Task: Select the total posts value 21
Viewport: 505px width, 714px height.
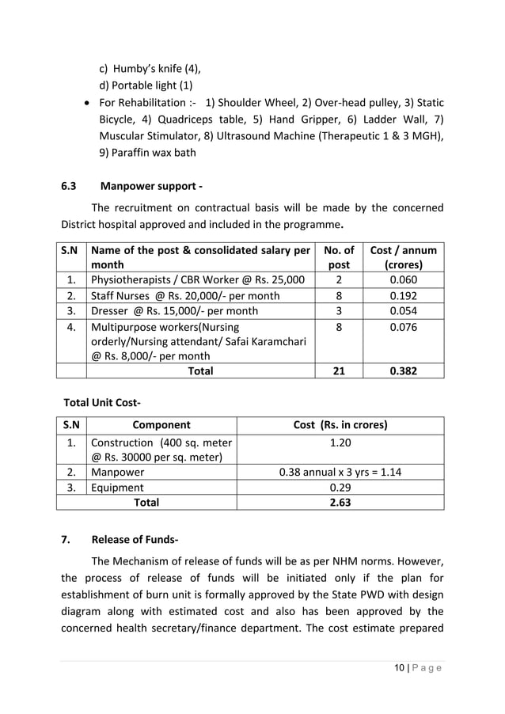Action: click(339, 370)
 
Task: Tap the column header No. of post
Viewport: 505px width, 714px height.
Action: click(339, 257)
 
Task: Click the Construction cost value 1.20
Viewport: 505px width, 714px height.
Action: click(340, 442)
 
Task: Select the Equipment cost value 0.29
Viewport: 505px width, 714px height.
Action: click(340, 488)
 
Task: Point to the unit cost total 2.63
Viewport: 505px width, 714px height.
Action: click(340, 503)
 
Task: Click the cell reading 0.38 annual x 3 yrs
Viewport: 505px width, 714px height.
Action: click(340, 473)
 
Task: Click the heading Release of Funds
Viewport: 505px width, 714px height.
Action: click(135, 541)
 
